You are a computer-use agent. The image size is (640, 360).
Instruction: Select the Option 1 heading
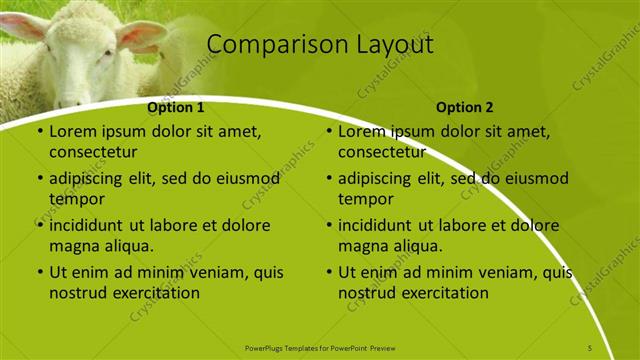176,107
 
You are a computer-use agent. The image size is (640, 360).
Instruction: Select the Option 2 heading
465,107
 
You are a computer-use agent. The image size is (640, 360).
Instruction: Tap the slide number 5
590,347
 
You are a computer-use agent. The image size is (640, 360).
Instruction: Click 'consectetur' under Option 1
93,152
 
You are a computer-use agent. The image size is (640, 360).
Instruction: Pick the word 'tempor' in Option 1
75,199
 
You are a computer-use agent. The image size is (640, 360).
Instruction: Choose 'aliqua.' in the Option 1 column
127,246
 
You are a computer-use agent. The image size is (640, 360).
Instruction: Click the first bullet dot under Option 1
39,132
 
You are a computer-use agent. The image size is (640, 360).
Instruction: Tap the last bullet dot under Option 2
329,273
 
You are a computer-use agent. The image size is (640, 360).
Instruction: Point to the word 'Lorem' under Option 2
360,131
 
